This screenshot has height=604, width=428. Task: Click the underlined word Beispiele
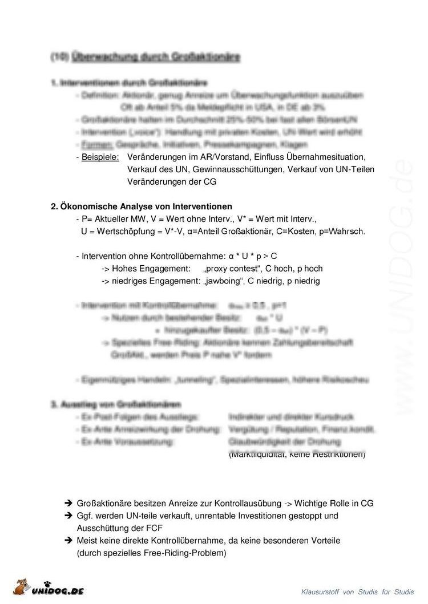tap(100, 156)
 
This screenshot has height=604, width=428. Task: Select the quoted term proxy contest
tap(231, 269)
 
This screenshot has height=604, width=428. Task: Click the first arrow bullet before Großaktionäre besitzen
tap(67, 504)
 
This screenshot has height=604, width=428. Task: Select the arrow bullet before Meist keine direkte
tap(67, 540)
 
